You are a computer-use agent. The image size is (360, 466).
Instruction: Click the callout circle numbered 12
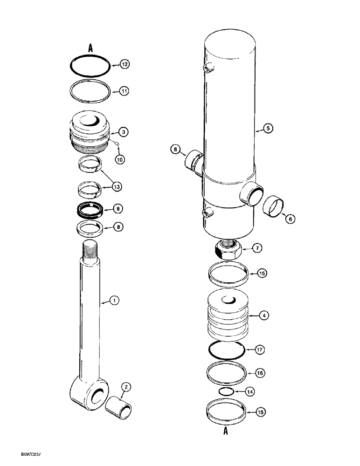click(124, 65)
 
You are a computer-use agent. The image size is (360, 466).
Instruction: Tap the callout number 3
click(123, 133)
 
